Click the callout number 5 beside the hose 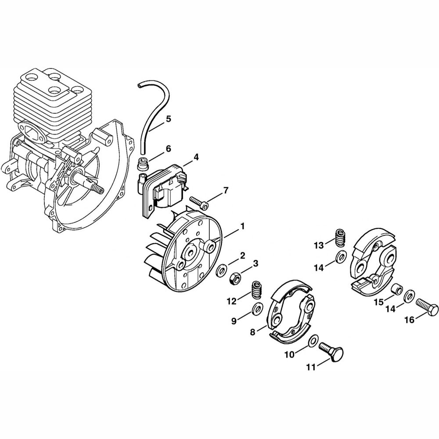(x=169, y=119)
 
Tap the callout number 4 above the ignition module (x=196, y=156)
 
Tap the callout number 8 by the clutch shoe (x=252, y=332)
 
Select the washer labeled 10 (x=313, y=340)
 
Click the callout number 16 (x=409, y=320)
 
